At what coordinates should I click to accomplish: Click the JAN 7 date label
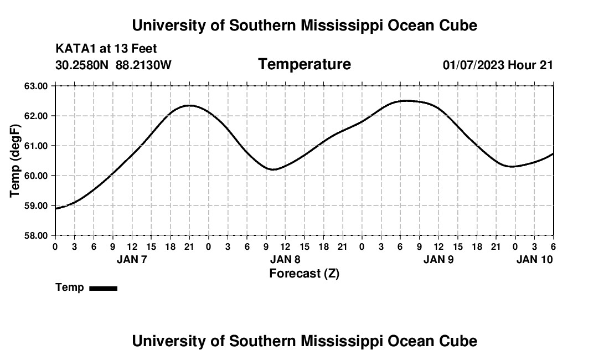point(132,259)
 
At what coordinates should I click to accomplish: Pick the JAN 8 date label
point(285,259)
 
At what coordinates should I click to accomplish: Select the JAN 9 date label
point(438,259)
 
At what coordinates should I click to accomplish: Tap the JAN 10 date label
point(534,259)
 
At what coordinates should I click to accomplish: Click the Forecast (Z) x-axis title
point(304,273)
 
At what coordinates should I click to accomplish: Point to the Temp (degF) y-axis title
point(16,161)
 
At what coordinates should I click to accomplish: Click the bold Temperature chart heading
point(304,64)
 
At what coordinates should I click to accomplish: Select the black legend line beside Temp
point(103,288)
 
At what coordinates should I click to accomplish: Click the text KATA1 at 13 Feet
point(106,49)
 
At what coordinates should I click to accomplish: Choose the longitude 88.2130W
point(143,65)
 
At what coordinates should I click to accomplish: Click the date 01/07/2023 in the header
point(473,65)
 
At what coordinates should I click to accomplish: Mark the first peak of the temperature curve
point(189,105)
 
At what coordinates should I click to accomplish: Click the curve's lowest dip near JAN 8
point(273,169)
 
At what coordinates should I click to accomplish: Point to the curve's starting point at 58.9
point(56,209)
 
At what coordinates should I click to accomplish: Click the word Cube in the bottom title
point(460,341)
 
